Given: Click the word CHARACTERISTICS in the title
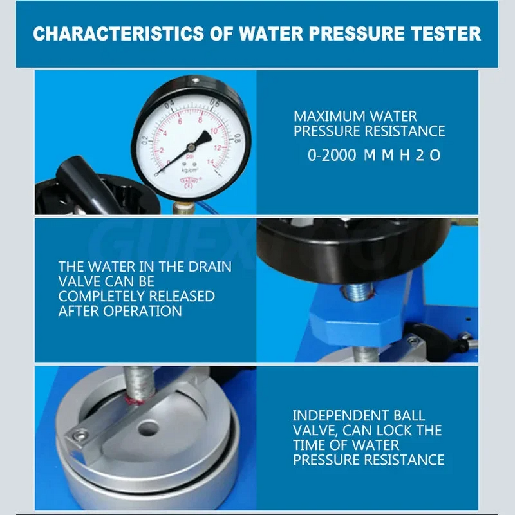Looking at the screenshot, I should (122, 33).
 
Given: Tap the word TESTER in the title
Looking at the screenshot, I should (444, 33).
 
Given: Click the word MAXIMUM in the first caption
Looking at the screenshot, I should (328, 117).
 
